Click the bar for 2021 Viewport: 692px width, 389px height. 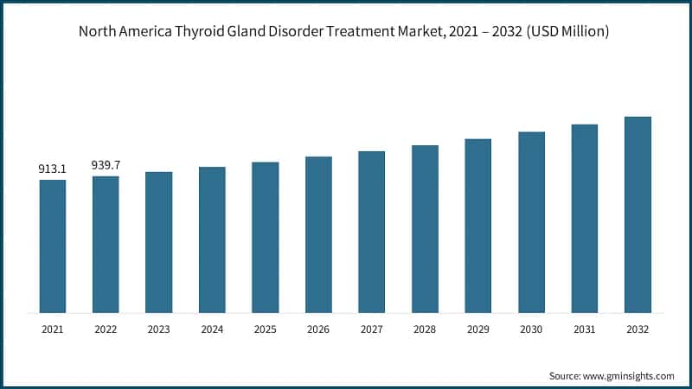click(52, 246)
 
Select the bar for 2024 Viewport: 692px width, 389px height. click(212, 239)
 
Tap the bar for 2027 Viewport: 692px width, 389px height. click(372, 232)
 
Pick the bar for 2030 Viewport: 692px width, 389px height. click(531, 222)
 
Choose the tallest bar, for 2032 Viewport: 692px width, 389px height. click(638, 214)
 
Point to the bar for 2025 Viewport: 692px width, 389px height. click(266, 237)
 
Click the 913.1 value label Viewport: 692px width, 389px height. click(52, 169)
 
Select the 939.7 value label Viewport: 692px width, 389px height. click(106, 165)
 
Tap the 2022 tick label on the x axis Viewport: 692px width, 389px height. click(106, 328)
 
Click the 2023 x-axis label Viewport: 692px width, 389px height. click(158, 328)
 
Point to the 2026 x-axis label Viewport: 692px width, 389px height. click(318, 328)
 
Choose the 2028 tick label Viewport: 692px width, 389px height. click(425, 328)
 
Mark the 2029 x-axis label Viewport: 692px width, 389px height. click(478, 328)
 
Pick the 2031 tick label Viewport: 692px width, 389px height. click(585, 328)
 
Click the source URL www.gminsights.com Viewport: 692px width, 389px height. click(628, 376)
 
